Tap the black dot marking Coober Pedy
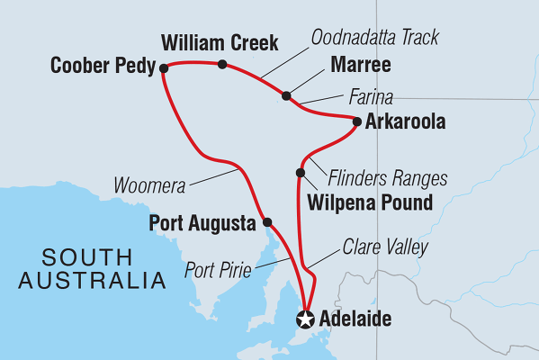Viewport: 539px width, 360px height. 163,67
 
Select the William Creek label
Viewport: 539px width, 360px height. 220,41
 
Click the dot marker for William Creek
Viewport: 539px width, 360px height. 222,64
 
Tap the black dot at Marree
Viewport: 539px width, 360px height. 286,95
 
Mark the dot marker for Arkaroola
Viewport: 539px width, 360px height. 357,121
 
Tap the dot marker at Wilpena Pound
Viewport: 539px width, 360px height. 301,173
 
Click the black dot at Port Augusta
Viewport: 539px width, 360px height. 267,221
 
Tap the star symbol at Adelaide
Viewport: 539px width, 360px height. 306,319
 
